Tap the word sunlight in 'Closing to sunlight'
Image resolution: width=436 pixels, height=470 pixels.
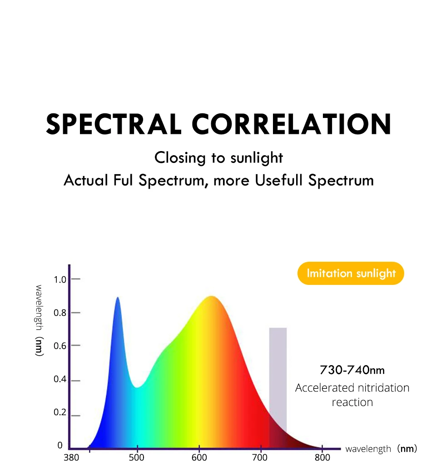click(257, 158)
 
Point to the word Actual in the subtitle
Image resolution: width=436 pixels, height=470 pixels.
click(86, 180)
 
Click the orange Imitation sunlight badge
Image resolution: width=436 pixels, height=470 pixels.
click(351, 273)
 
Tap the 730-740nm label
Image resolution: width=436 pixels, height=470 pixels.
click(352, 370)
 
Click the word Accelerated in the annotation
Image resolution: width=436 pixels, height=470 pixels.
click(324, 388)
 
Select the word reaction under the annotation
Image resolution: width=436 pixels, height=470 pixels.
click(352, 402)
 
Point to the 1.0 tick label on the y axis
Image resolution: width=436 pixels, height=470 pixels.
click(60, 279)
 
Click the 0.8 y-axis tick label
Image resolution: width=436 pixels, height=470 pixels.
click(60, 313)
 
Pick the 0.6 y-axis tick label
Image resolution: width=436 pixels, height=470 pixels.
click(60, 346)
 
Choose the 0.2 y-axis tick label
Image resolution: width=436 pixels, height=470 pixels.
click(60, 413)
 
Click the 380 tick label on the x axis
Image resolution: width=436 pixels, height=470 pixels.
click(71, 457)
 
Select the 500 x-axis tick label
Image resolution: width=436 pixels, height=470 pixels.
click(137, 457)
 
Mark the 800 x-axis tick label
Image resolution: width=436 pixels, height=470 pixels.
click(323, 457)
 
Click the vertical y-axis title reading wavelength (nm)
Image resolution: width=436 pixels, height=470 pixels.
click(39, 320)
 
